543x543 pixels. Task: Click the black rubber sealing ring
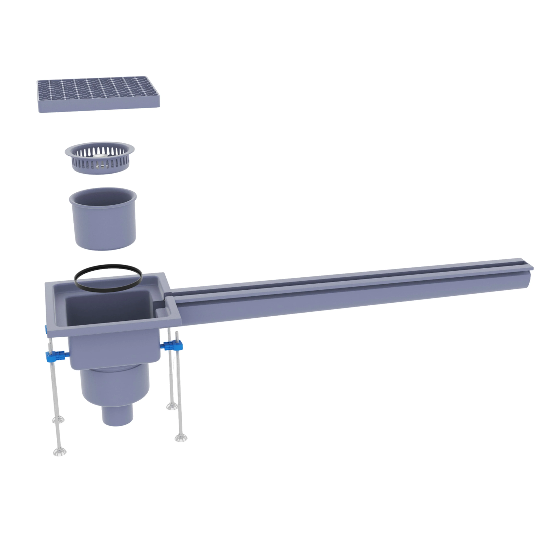108,290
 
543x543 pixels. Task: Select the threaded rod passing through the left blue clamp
55,394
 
